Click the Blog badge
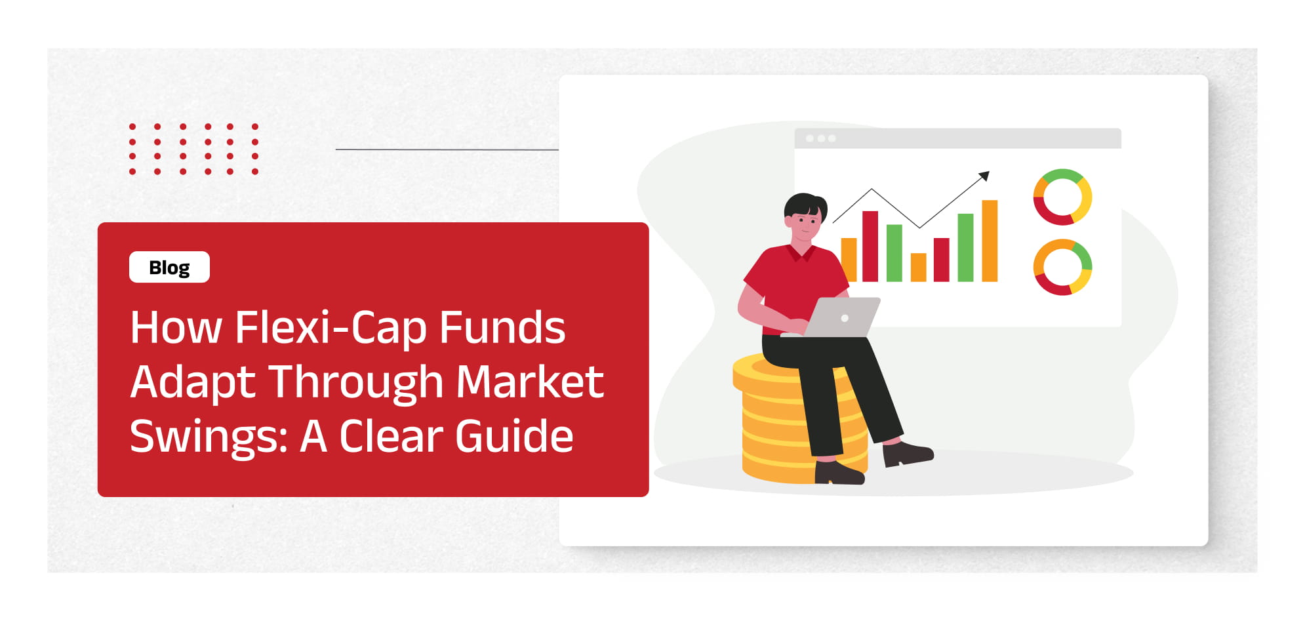(169, 267)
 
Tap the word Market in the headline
(530, 382)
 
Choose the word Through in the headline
(356, 383)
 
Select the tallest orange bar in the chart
(990, 241)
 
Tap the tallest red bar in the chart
(870, 247)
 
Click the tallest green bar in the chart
(965, 248)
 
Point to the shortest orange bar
(918, 268)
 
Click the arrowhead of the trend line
(984, 176)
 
